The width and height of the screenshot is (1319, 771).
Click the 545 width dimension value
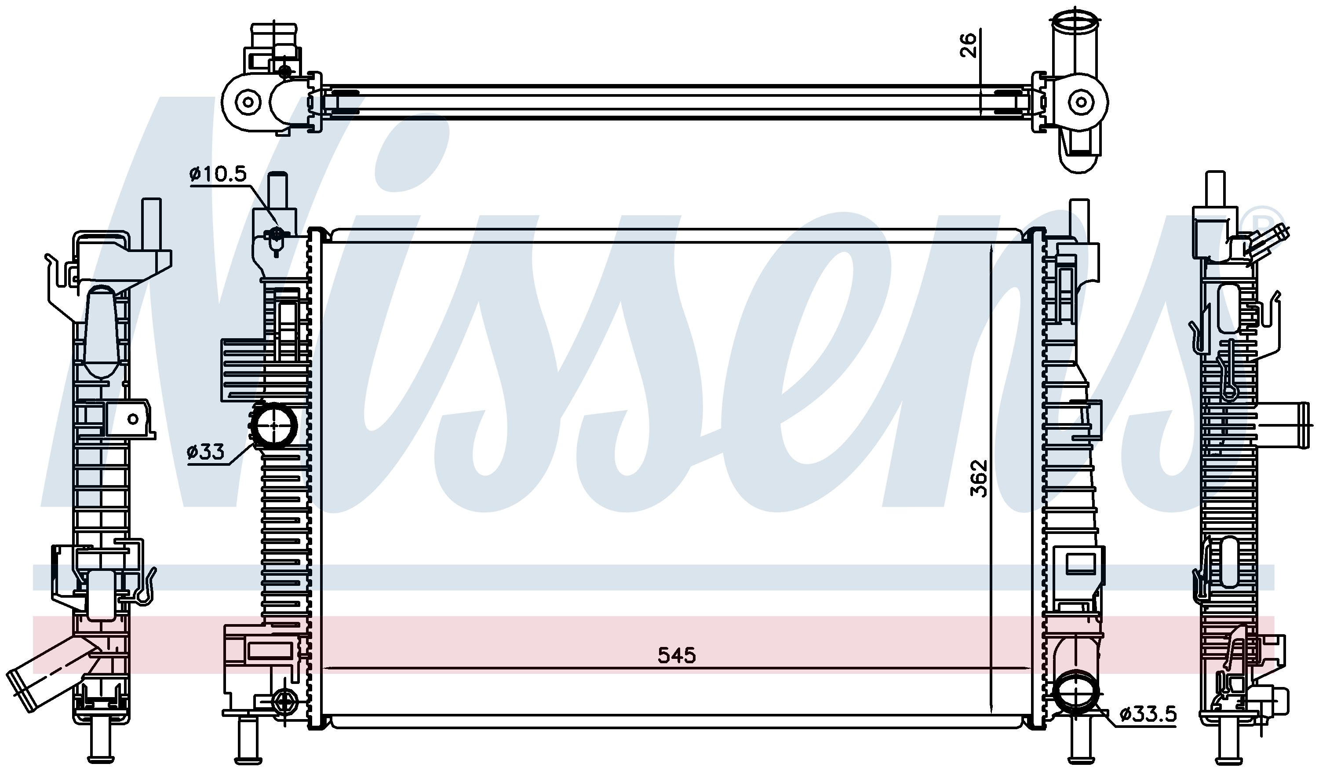pos(676,655)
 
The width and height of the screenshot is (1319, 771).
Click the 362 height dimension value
pos(978,478)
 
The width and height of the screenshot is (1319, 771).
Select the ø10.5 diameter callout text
pos(218,174)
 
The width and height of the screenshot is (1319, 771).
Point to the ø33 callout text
pos(205,451)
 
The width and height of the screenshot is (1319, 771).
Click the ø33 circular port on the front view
pos(275,426)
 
